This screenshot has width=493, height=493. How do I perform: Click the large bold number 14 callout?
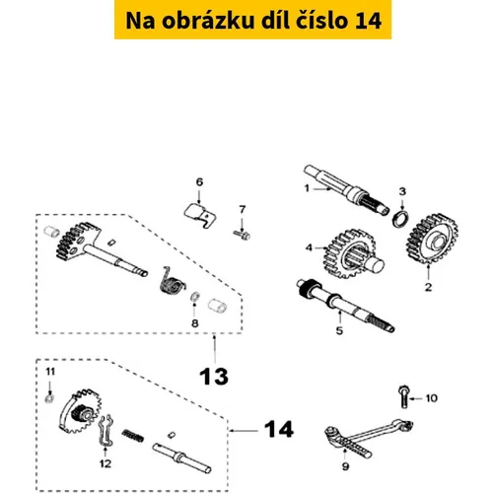279,429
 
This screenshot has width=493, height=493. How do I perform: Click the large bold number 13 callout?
214,377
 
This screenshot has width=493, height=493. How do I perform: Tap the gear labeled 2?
433,239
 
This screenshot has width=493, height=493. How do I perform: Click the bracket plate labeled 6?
200,215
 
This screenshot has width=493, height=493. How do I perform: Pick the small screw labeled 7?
242,235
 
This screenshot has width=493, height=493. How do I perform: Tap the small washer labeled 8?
194,297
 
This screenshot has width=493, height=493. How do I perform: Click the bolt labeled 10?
403,396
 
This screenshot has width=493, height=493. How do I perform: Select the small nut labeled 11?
49,399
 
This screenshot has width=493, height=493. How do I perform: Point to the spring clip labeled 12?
106,431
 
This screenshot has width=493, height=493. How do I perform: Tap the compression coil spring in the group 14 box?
133,436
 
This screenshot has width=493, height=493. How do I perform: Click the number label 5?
339,330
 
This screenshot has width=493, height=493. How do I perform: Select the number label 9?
345,466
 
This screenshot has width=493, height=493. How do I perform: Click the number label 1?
307,188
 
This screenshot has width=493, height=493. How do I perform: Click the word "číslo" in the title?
317,21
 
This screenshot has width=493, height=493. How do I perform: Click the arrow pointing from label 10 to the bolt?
416,398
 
